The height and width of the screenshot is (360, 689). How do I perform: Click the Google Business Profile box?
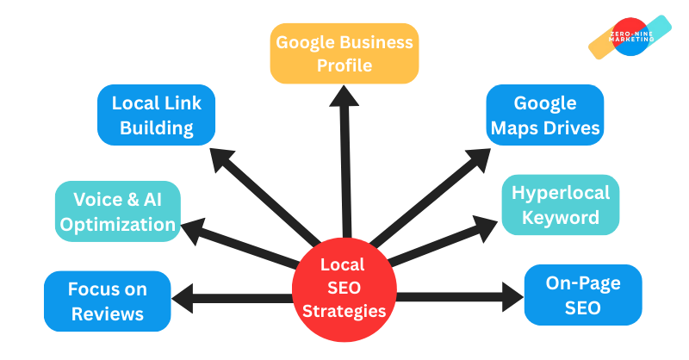344,53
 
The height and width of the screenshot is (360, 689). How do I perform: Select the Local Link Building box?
156,116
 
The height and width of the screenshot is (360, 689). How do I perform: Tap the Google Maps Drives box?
544,116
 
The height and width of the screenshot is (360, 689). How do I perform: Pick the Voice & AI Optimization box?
116,212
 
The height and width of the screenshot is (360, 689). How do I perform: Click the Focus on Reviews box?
108,301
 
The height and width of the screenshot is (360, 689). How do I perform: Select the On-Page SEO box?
582,295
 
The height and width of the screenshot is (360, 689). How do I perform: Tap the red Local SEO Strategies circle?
343,288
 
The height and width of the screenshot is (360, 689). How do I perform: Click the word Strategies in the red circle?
343,309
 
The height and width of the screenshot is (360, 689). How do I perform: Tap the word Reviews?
108,313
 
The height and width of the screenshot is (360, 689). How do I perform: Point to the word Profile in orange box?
344,65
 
